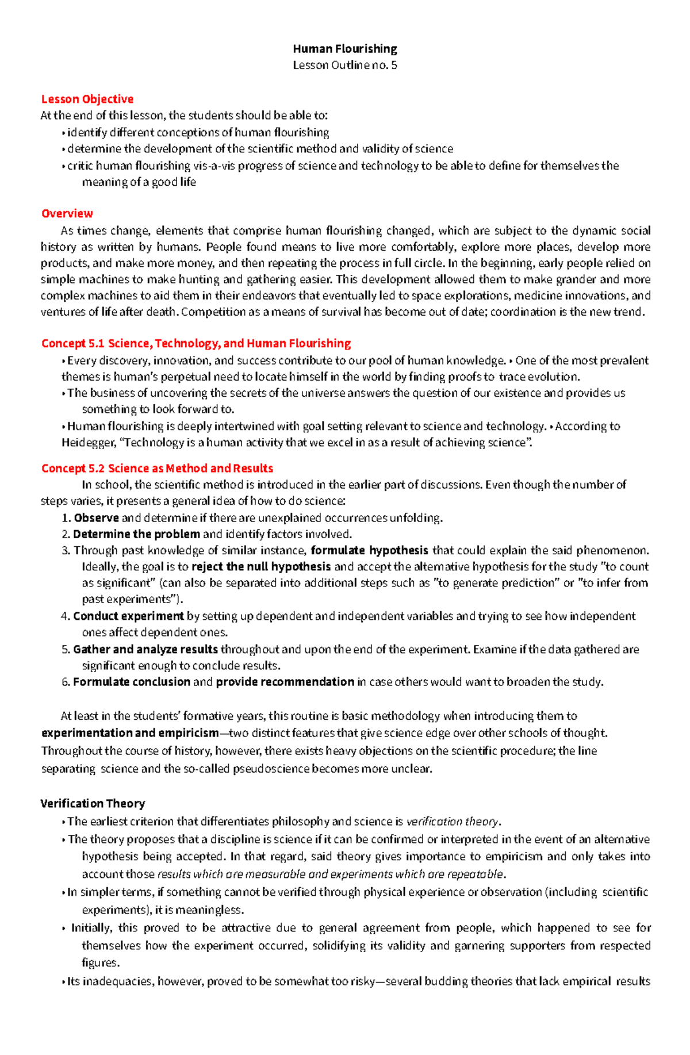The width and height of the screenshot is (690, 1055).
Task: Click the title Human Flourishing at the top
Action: (345, 49)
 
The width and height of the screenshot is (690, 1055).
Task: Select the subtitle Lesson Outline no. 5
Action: (345, 65)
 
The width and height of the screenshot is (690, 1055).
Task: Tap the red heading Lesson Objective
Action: (87, 99)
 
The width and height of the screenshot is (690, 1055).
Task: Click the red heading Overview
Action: (67, 213)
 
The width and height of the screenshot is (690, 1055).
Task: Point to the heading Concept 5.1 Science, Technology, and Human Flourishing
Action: (195, 343)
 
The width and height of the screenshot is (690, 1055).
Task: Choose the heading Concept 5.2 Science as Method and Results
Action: (157, 468)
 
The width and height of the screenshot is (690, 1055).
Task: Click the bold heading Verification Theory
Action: (93, 803)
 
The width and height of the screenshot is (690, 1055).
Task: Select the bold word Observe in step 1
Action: (96, 518)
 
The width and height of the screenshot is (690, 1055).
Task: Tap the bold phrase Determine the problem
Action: (136, 534)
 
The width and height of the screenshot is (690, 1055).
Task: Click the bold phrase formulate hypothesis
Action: (369, 550)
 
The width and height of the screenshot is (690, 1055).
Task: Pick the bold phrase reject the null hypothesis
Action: (261, 566)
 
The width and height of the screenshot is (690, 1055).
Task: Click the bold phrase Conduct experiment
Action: (128, 616)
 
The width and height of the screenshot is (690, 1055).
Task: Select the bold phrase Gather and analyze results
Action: (145, 649)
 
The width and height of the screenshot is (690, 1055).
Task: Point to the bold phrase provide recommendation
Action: (285, 682)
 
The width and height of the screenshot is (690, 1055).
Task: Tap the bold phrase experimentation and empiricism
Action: (130, 733)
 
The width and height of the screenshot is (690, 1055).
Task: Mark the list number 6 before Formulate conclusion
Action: (65, 682)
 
